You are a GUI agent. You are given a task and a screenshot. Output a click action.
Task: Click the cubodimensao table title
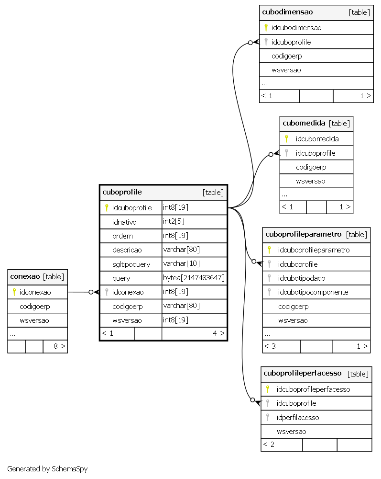click(x=287, y=12)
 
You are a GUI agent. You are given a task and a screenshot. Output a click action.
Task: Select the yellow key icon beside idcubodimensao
click(x=266, y=27)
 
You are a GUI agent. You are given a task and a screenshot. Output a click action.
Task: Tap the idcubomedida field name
click(x=317, y=139)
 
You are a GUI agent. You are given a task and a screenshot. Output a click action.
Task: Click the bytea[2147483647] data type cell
click(x=194, y=278)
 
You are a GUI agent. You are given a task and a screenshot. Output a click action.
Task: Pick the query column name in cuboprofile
click(x=121, y=278)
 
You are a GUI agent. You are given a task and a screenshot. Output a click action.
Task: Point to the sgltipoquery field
click(x=131, y=264)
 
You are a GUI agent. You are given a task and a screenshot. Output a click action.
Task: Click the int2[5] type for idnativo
click(x=174, y=221)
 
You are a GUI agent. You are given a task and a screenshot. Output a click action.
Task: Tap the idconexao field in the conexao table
click(x=35, y=292)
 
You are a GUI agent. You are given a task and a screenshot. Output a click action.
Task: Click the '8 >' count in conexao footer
click(x=59, y=346)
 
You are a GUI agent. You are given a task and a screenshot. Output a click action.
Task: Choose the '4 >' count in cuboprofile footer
click(x=218, y=333)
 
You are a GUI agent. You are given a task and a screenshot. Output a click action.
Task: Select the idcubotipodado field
click(x=302, y=278)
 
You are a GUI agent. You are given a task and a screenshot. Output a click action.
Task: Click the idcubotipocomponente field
click(x=313, y=292)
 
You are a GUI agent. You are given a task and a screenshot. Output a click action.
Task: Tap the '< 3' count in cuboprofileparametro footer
click(x=270, y=346)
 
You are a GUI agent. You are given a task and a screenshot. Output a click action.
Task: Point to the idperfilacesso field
click(x=298, y=418)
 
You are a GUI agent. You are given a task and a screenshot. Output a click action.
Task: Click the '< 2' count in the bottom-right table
click(x=269, y=445)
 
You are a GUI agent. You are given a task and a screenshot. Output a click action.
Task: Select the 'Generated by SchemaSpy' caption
click(x=47, y=469)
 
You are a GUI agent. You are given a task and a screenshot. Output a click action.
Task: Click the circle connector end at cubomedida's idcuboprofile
click(x=271, y=155)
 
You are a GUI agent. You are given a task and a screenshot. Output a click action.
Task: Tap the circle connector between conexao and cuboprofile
click(x=91, y=292)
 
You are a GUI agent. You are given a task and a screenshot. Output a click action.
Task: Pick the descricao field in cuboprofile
click(x=127, y=250)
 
